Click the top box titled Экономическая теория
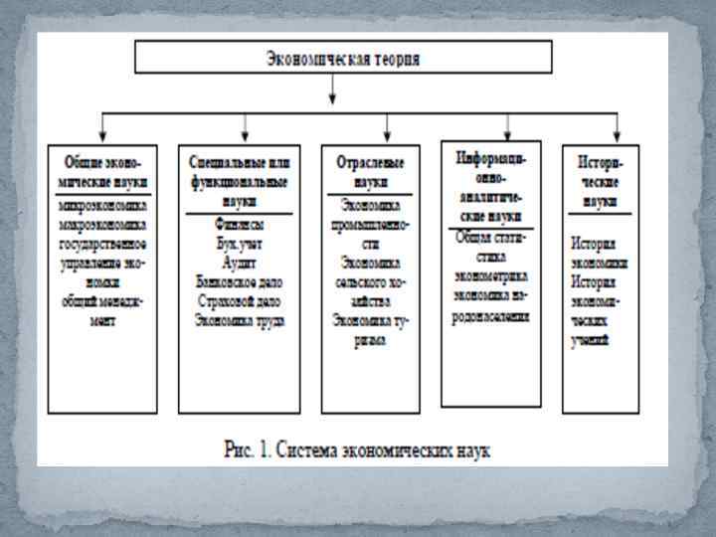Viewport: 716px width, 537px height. point(343,58)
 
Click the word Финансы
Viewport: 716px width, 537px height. point(239,224)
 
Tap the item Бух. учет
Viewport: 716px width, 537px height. point(239,242)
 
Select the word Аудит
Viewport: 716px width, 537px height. point(239,260)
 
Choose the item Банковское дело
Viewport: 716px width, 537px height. point(239,279)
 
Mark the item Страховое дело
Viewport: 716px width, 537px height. point(239,299)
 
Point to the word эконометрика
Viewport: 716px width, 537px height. point(491,275)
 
